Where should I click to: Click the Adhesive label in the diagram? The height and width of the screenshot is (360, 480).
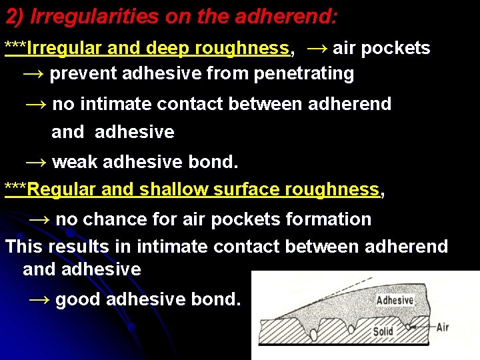(395, 300)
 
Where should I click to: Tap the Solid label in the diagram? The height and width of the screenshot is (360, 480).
(383, 331)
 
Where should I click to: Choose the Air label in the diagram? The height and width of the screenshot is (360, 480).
(443, 327)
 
